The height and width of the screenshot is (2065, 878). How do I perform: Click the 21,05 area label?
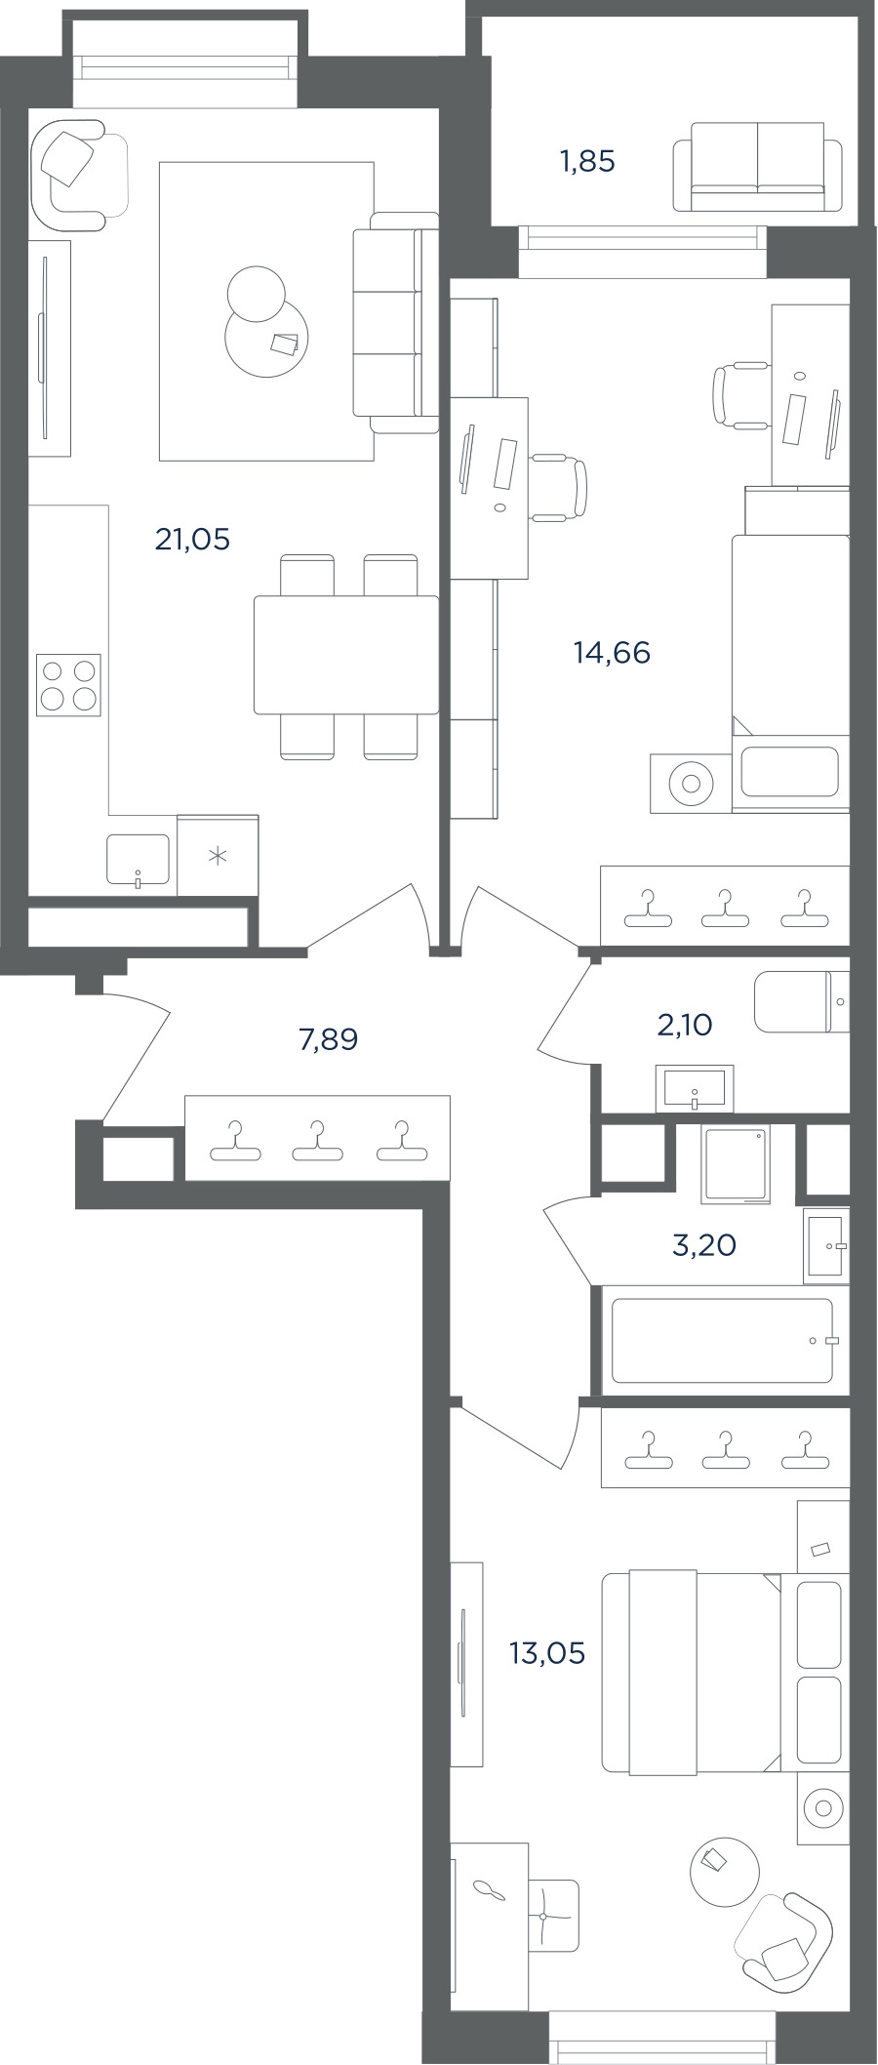pyautogui.click(x=192, y=539)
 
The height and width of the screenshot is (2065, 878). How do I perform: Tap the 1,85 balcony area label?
pyautogui.click(x=587, y=161)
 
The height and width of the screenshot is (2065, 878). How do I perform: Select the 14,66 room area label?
pyautogui.click(x=612, y=652)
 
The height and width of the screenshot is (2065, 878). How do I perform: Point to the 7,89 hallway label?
pyautogui.click(x=328, y=1039)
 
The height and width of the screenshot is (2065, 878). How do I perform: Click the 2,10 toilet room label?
pyautogui.click(x=685, y=1025)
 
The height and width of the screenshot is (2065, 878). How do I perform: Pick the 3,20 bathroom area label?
pyautogui.click(x=704, y=1245)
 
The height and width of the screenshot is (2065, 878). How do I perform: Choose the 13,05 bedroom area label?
pyautogui.click(x=547, y=1653)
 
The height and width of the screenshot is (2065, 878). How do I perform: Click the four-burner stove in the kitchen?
pyautogui.click(x=68, y=684)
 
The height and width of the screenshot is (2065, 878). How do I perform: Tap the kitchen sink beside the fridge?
pyautogui.click(x=138, y=860)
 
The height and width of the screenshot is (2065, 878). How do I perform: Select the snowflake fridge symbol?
pyautogui.click(x=218, y=856)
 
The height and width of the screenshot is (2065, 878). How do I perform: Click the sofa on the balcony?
pyautogui.click(x=757, y=166)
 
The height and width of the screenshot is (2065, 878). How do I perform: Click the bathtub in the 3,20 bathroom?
pyautogui.click(x=723, y=1340)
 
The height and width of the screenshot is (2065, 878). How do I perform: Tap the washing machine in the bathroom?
pyautogui.click(x=737, y=1163)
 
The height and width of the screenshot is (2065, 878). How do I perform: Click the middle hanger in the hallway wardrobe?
pyautogui.click(x=317, y=1141)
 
